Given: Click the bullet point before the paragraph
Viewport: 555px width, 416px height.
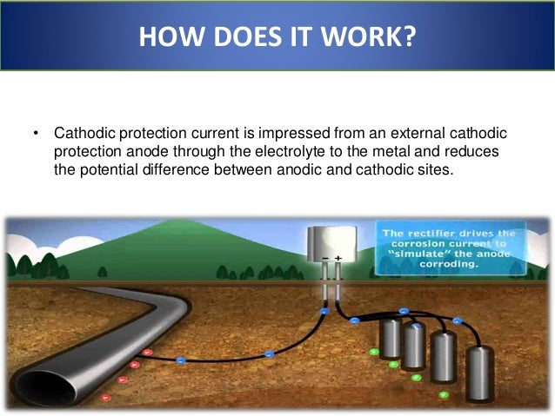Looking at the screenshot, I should pos(37,135).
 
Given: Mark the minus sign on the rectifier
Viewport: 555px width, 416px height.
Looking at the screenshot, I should pos(324,259).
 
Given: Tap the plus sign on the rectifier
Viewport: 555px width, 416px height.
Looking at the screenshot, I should pos(338,259).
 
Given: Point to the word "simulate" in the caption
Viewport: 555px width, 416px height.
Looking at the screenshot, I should pos(418,256).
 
